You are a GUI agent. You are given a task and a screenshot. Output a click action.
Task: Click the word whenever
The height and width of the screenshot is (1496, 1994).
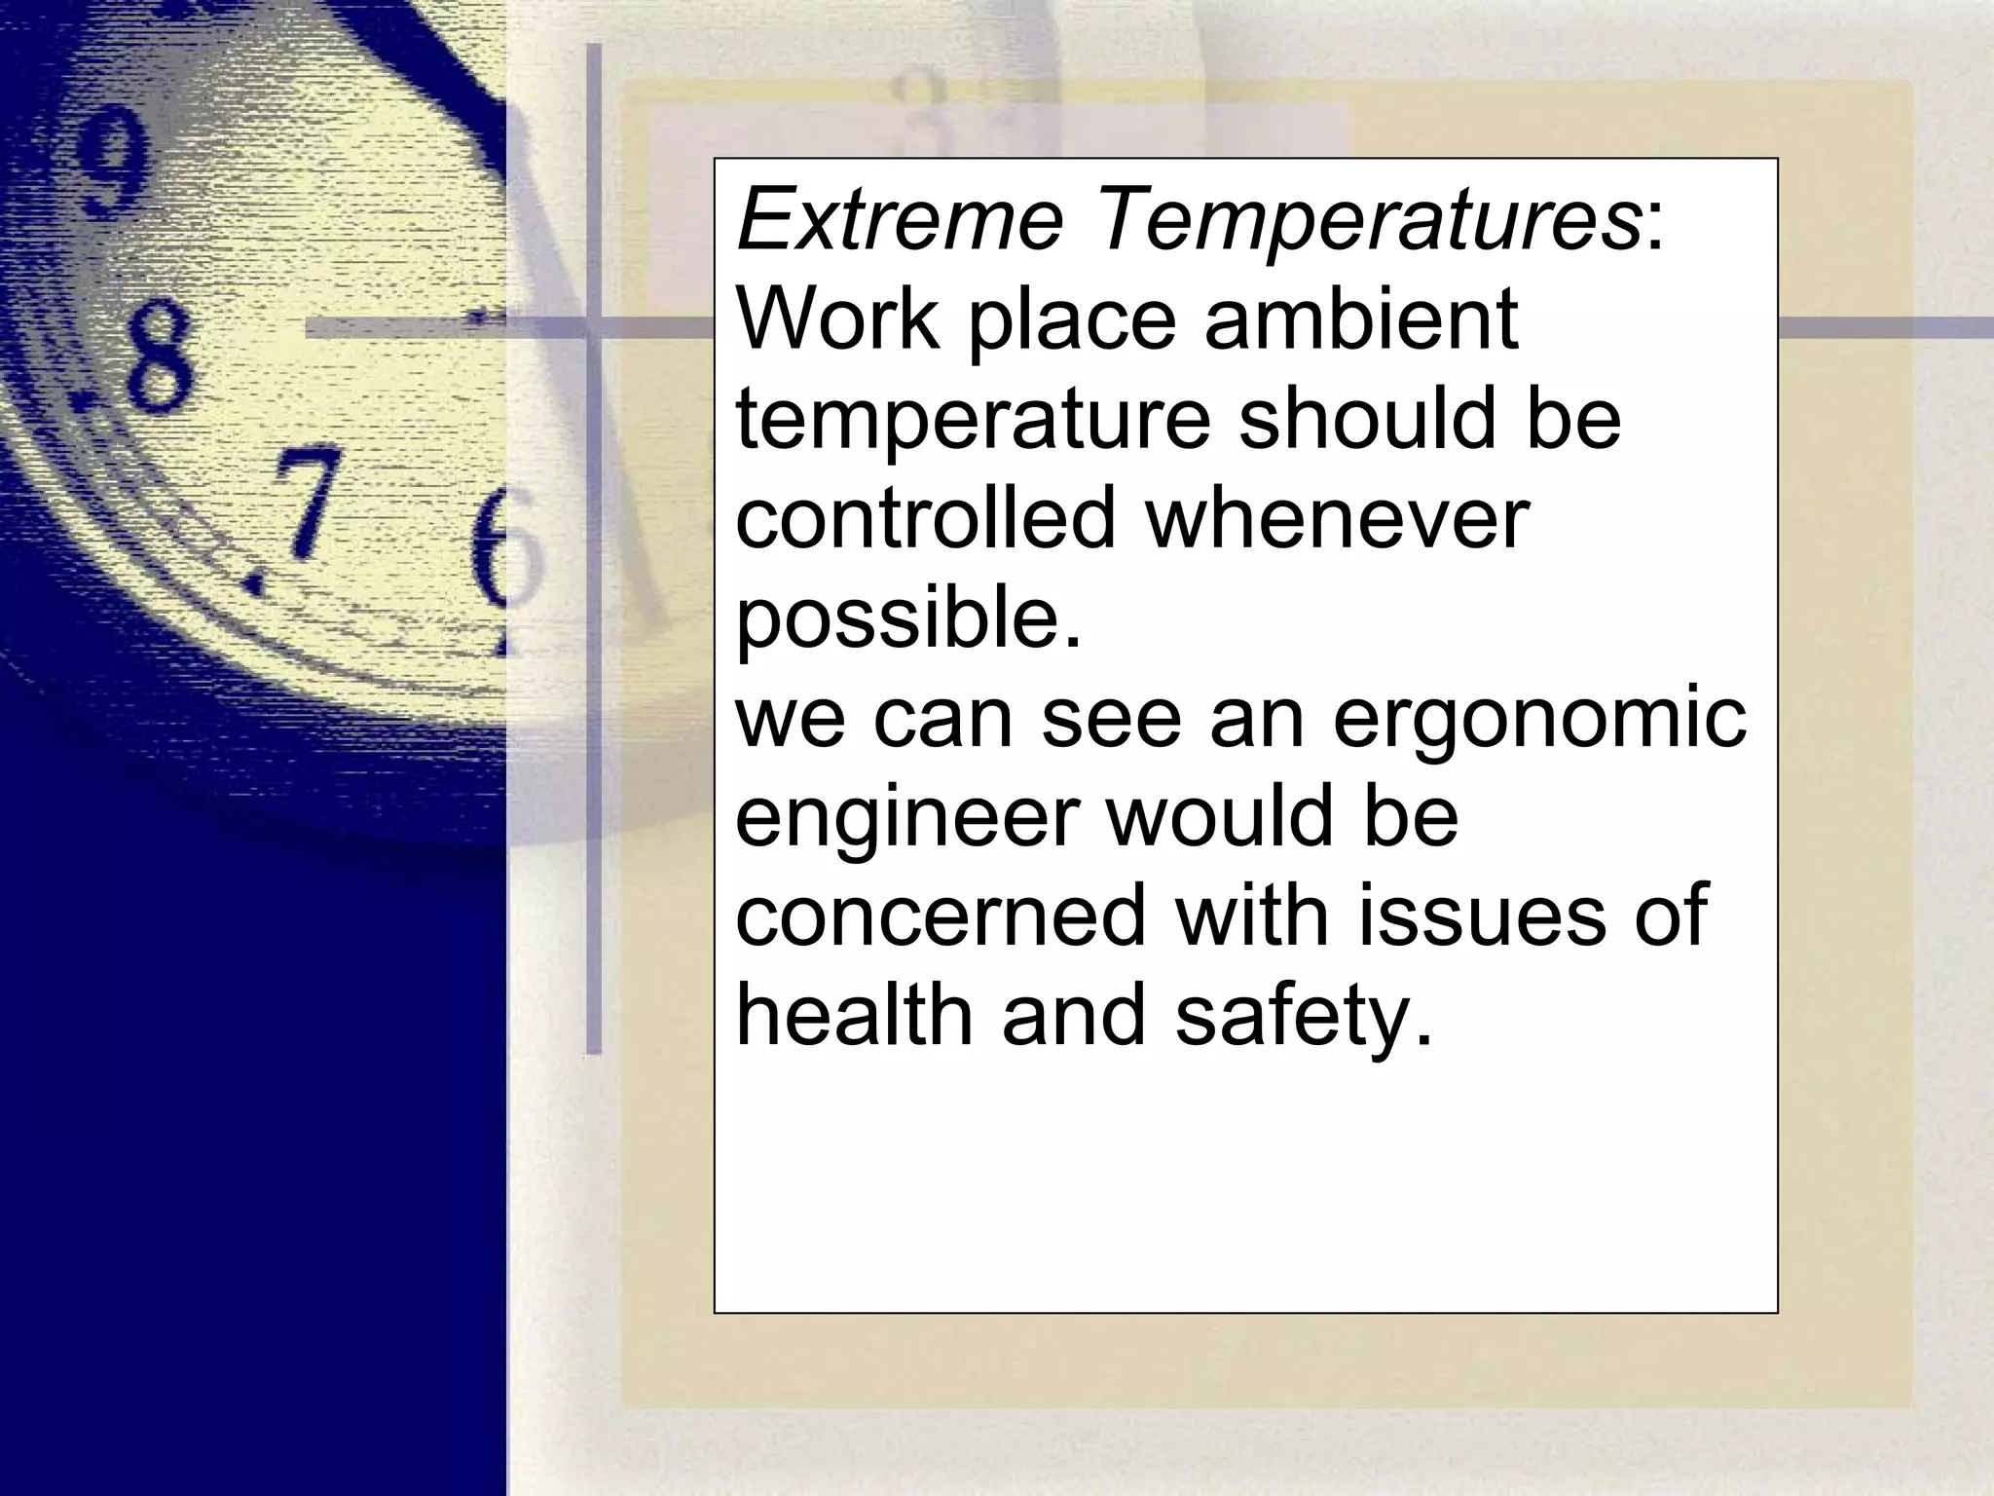pyautogui.click(x=1337, y=520)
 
